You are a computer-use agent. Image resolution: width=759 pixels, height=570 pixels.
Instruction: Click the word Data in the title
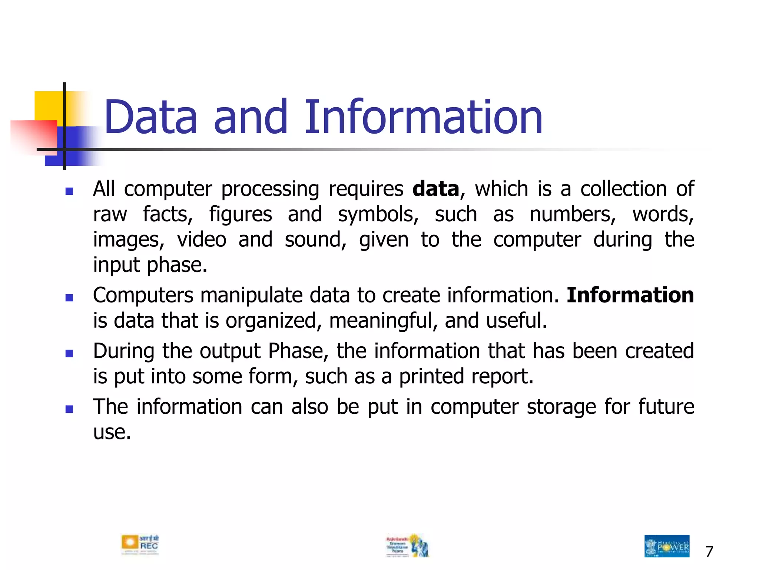[x=150, y=117]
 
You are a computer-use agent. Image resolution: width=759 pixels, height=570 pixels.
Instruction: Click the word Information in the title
[x=423, y=117]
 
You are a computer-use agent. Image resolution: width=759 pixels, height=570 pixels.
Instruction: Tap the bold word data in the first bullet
[x=436, y=189]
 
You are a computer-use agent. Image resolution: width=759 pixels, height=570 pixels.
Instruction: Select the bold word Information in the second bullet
[x=630, y=295]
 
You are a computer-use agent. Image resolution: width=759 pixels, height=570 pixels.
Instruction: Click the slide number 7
[x=709, y=552]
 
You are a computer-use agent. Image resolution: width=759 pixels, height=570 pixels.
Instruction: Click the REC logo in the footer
[x=140, y=544]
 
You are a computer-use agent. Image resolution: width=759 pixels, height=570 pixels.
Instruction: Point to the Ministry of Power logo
[x=667, y=546]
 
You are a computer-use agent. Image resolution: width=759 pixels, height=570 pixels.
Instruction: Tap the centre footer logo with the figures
[x=408, y=546]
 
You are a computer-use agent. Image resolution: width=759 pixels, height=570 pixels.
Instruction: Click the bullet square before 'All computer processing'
[x=69, y=191]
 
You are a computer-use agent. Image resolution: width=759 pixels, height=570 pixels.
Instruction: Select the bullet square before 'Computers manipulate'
[x=69, y=298]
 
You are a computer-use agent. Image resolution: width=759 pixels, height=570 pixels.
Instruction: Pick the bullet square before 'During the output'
[x=69, y=353]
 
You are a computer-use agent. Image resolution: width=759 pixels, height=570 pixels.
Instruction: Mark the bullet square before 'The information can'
[x=69, y=409]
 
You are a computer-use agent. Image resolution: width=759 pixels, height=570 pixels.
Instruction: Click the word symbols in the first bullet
[x=378, y=214]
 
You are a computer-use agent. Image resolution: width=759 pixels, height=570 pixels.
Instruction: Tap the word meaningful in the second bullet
[x=381, y=321]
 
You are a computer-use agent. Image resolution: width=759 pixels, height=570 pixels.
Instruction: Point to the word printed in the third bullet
[x=431, y=376]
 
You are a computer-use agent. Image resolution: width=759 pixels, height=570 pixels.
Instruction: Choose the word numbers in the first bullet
[x=573, y=214]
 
